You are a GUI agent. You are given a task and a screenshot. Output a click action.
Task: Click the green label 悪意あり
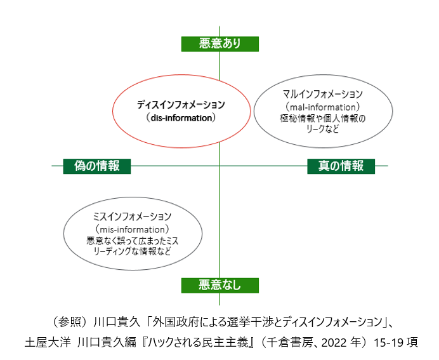point(219,44)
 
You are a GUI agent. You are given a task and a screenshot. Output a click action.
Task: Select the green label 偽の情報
point(96,166)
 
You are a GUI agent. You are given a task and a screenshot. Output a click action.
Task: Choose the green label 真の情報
point(341,166)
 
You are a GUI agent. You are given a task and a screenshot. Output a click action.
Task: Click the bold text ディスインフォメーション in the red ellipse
point(181,105)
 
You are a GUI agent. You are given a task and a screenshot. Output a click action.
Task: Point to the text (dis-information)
point(181,117)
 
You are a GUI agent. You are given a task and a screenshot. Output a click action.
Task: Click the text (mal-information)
point(322,106)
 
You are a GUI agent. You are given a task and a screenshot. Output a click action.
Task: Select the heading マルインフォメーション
point(322,95)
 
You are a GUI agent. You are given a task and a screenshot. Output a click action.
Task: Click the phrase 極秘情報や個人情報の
point(322,118)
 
